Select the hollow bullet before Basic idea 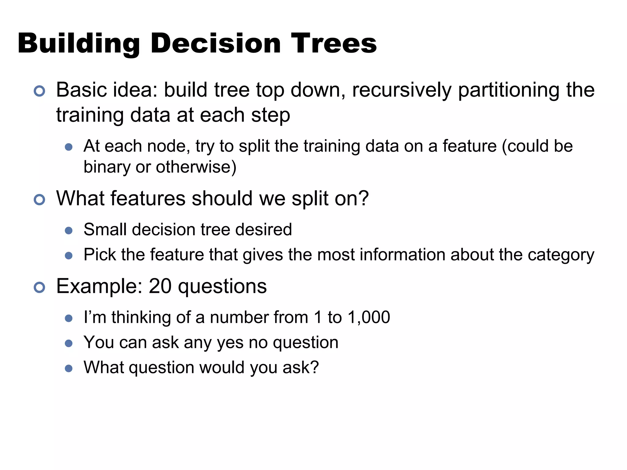[x=39, y=91]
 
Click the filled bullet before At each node [x=69, y=147]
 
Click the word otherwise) [x=196, y=167]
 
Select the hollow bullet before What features [x=39, y=200]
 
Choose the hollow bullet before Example [x=39, y=287]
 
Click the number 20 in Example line [x=160, y=286]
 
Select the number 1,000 [x=369, y=317]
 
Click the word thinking [x=141, y=317]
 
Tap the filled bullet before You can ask [x=69, y=343]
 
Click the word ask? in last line [x=300, y=367]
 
